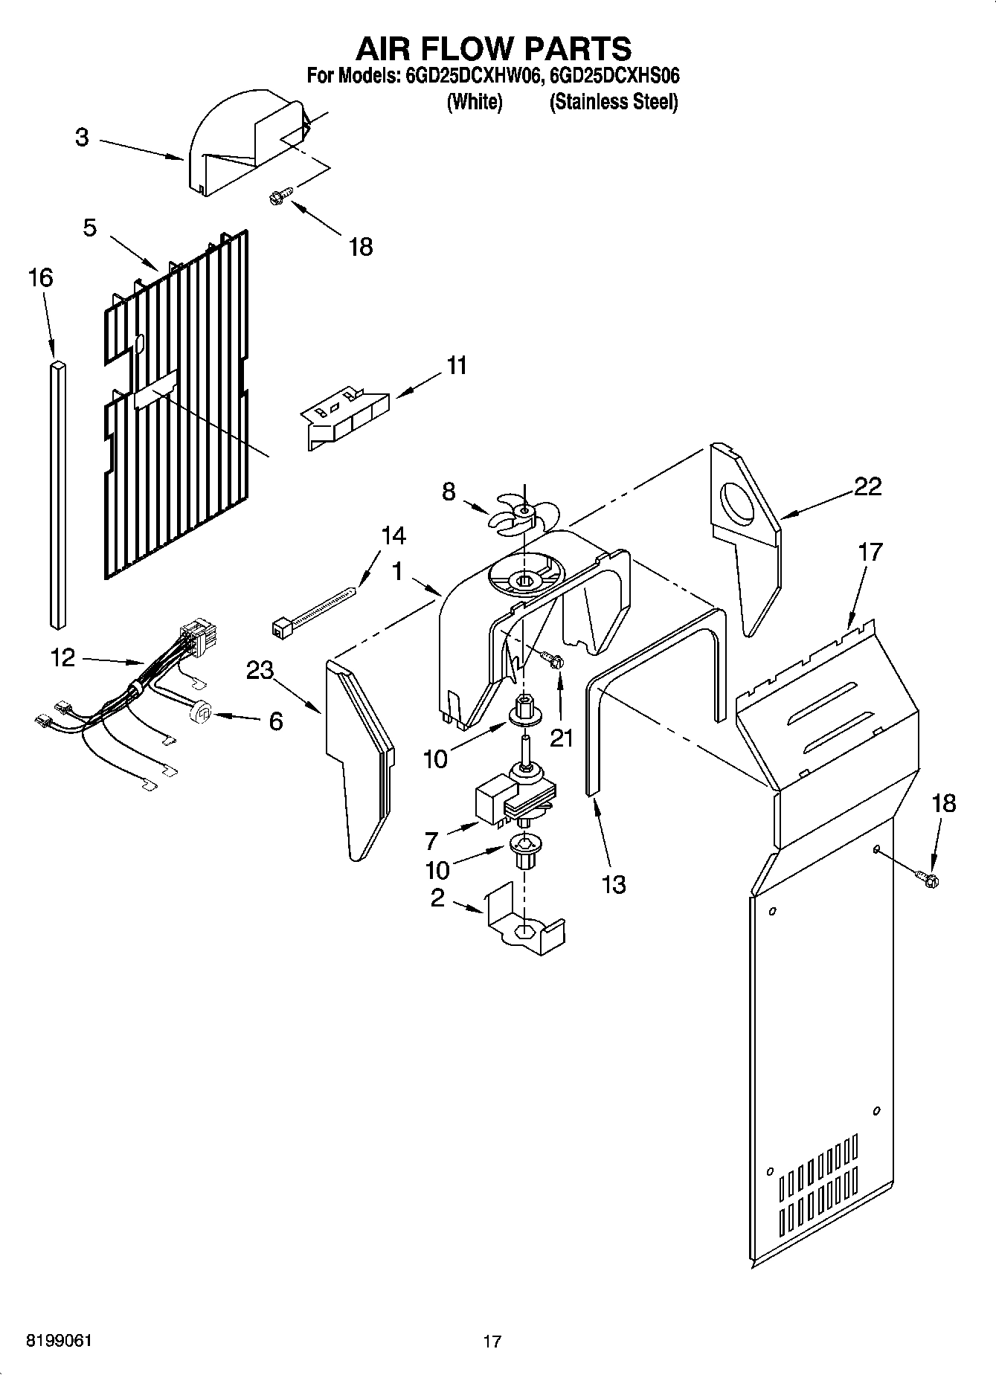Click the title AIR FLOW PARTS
[493, 48]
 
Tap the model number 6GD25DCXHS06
[614, 76]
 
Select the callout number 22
[867, 486]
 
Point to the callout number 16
[40, 278]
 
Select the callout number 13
[614, 884]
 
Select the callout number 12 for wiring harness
[62, 657]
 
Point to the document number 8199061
[60, 1341]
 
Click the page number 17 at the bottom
[492, 1342]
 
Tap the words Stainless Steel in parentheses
[614, 102]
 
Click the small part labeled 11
[346, 416]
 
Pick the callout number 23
[260, 670]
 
